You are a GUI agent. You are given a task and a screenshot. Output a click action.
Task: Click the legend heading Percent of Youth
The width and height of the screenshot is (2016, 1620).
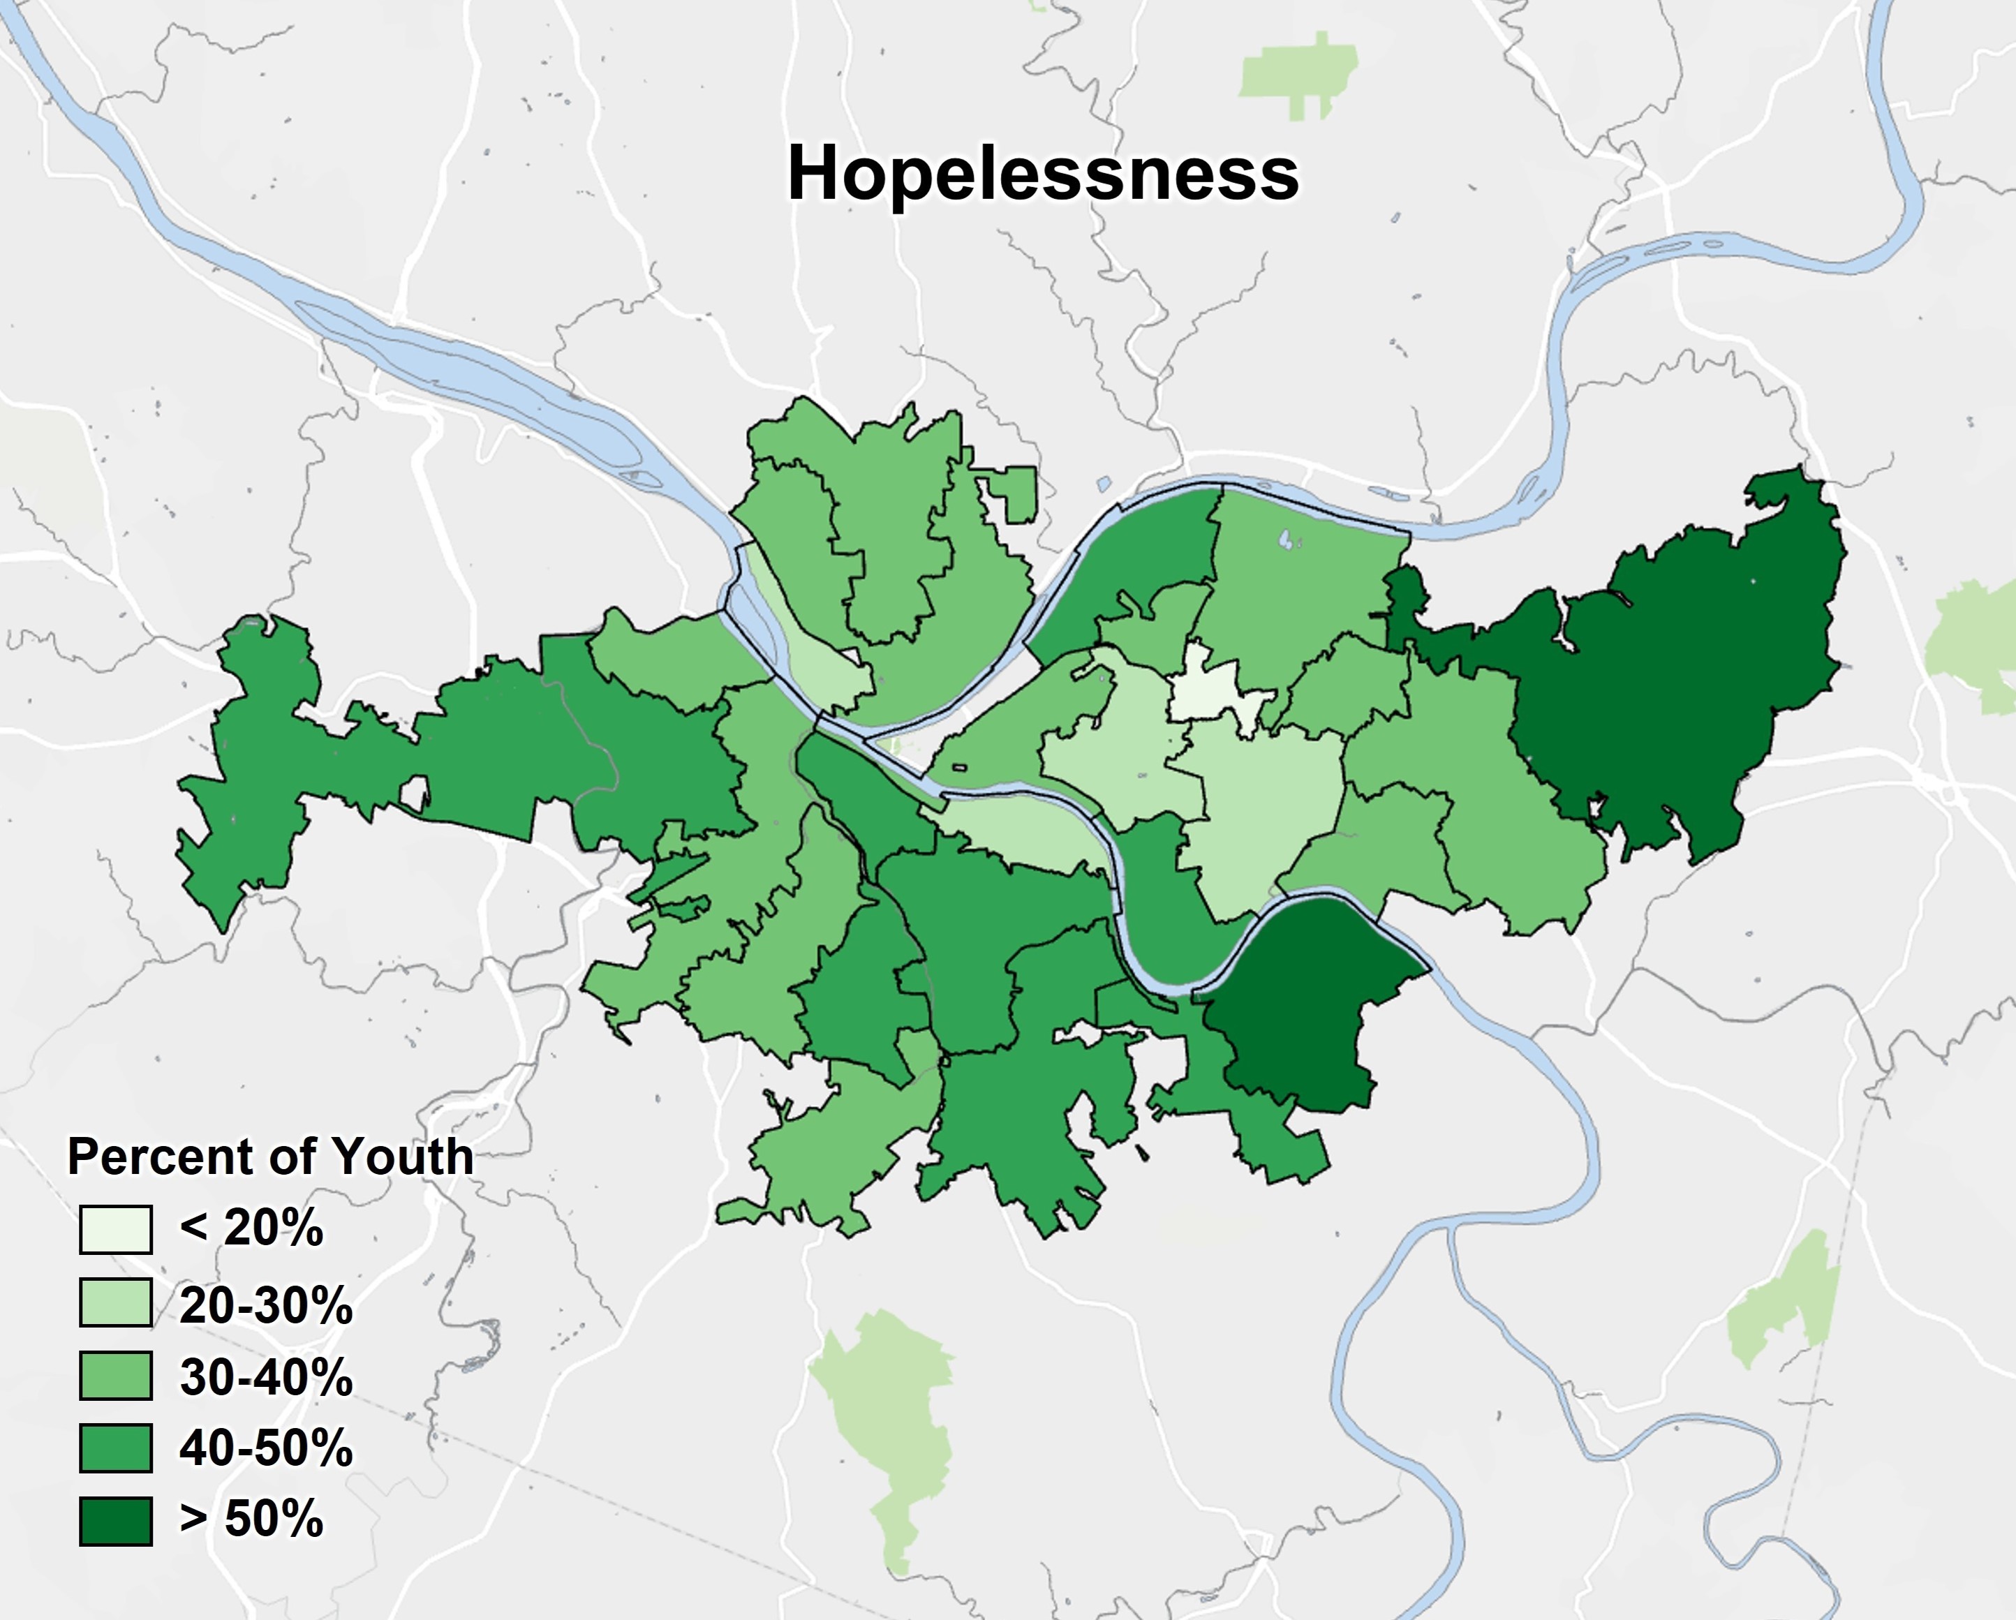pos(270,1157)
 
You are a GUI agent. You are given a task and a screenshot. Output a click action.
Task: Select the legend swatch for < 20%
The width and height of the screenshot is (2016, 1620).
pos(115,1228)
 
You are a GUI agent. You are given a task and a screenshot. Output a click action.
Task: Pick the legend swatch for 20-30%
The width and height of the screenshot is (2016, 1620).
pos(115,1302)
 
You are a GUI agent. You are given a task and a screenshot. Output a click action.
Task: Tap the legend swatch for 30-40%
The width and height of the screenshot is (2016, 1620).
pos(115,1375)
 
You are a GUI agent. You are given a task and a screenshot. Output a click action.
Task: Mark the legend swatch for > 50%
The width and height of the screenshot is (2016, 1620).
pos(115,1520)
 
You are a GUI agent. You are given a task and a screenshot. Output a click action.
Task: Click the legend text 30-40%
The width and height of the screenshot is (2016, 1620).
pos(267,1376)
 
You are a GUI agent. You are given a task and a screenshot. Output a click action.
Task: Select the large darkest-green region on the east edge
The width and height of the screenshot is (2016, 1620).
pos(1674,692)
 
